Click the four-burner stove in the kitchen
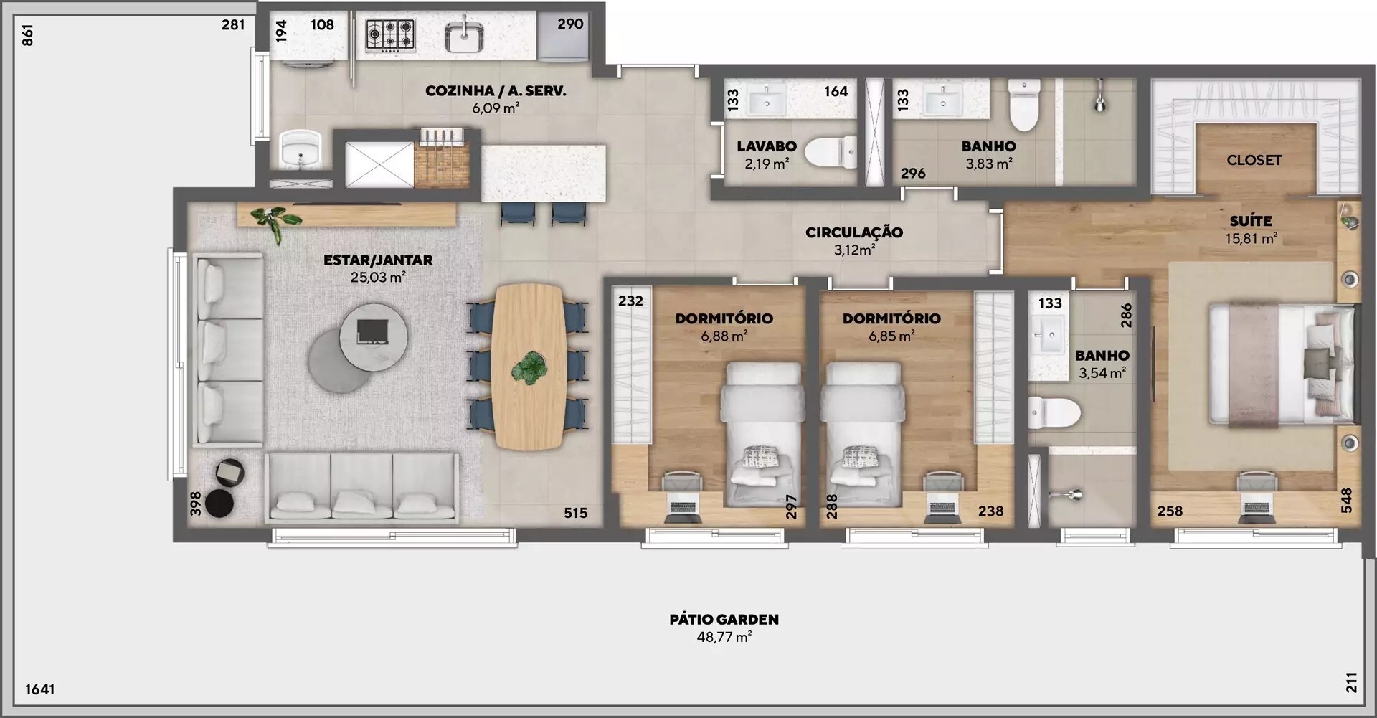[390, 35]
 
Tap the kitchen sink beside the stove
[464, 35]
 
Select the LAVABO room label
[767, 146]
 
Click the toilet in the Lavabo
[831, 152]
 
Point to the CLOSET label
[1254, 160]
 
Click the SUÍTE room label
[1251, 221]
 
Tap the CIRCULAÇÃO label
[853, 232]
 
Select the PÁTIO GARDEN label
[724, 619]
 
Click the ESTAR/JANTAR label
[378, 260]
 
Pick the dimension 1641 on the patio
[40, 689]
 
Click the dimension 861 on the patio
[27, 35]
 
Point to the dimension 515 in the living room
[575, 513]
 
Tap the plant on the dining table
[529, 368]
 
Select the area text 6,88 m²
[724, 336]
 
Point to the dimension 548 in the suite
[1346, 501]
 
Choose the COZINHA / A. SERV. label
[496, 91]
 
